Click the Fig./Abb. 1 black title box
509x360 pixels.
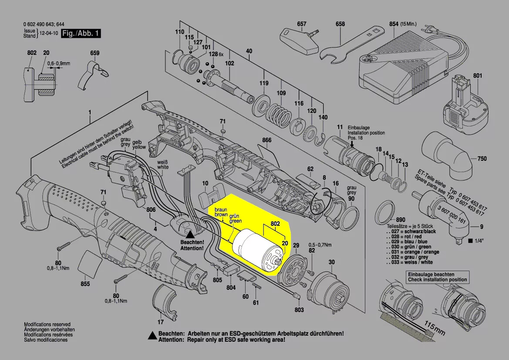tap(81, 33)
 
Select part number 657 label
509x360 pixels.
tap(302, 24)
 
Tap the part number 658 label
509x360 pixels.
tap(340, 24)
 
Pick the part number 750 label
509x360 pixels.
tap(482, 159)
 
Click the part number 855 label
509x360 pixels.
tap(85, 284)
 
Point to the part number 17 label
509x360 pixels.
tap(161, 322)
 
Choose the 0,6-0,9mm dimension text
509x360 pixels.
tap(59, 64)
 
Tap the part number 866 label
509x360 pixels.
tap(266, 140)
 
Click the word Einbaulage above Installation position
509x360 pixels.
tap(359, 128)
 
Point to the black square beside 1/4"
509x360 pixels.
tap(470, 241)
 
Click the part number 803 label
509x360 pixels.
tap(299, 309)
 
